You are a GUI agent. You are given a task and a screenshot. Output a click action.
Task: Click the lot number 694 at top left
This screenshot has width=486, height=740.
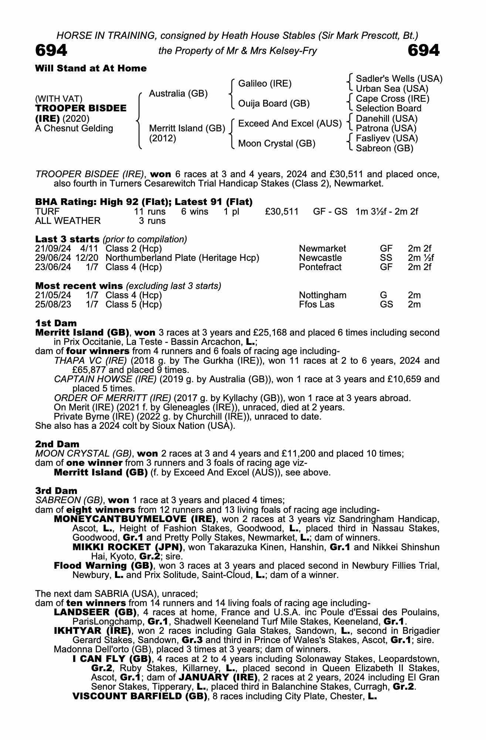(x=51, y=50)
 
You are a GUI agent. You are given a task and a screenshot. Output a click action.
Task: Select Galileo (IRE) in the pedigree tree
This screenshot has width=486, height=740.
(x=265, y=84)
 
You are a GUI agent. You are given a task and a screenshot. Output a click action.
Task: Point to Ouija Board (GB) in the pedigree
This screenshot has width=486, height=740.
(x=273, y=104)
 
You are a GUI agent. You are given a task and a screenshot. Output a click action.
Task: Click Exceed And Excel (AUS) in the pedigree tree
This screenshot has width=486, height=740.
(x=290, y=124)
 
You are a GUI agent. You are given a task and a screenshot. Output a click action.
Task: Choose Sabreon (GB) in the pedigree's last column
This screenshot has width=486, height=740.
(x=384, y=148)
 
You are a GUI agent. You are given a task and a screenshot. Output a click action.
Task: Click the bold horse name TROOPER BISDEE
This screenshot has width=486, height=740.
(x=81, y=108)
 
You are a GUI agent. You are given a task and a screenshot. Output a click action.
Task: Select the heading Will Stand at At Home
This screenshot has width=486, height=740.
(x=91, y=68)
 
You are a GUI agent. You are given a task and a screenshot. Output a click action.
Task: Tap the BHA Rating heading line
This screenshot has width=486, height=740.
(x=144, y=202)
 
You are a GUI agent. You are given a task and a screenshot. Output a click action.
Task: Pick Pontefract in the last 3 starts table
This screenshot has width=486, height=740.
(x=320, y=267)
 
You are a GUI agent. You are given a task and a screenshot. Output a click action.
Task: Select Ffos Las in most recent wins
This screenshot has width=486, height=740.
(x=317, y=305)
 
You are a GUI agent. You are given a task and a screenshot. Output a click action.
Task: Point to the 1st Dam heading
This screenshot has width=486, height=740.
(x=56, y=323)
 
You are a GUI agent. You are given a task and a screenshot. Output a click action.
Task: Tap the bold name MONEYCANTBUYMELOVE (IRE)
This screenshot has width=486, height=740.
(x=135, y=519)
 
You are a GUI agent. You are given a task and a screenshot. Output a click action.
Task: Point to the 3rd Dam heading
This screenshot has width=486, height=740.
(x=56, y=491)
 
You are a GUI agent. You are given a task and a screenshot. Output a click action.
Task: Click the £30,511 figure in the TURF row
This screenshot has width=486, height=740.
(x=282, y=212)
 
